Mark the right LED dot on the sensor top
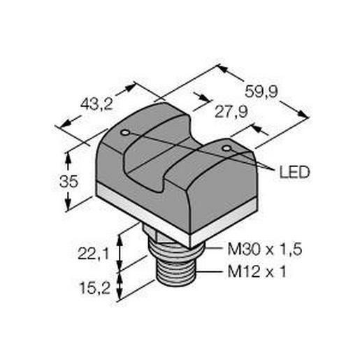click(225, 148)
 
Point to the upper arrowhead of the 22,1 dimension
click(123, 236)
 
